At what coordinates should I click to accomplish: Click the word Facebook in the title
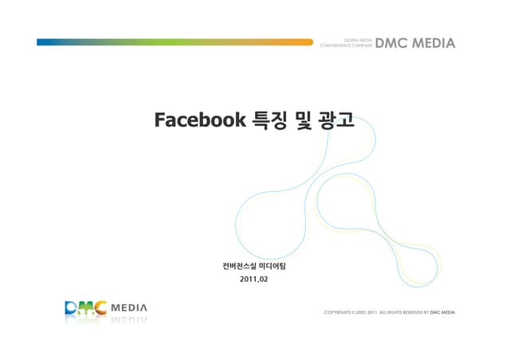click(199, 120)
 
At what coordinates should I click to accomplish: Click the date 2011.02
click(254, 280)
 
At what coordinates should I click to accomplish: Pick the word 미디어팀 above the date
click(273, 265)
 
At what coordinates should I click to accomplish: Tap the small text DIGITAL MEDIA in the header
click(358, 39)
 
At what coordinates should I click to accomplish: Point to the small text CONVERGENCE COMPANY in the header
click(346, 45)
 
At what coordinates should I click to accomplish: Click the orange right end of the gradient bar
click(303, 42)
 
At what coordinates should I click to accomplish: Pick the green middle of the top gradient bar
click(175, 42)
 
